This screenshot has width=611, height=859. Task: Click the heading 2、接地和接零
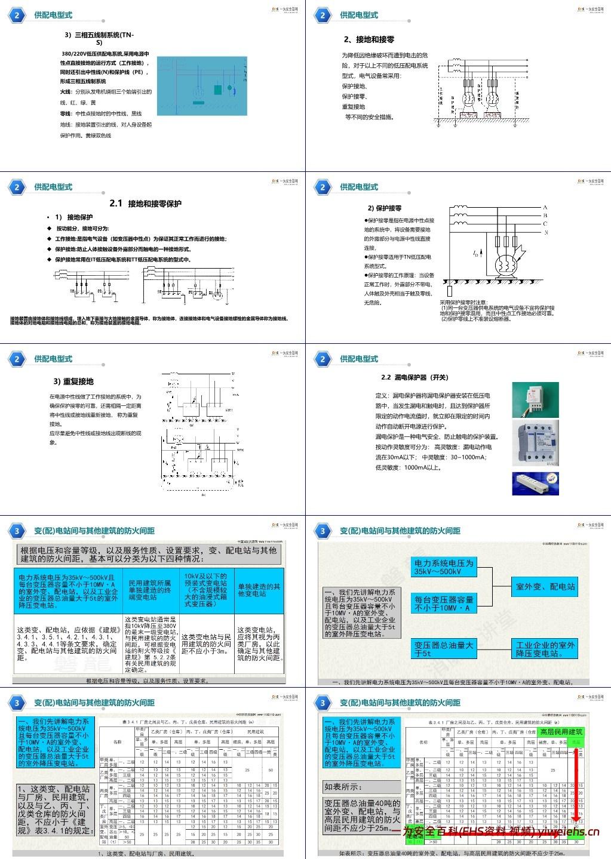pyautogui.click(x=369, y=39)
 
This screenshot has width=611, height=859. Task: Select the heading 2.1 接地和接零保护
pyautogui.click(x=146, y=204)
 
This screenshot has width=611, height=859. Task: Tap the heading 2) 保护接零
pyautogui.click(x=385, y=208)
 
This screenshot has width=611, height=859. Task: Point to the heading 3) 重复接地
pyautogui.click(x=73, y=381)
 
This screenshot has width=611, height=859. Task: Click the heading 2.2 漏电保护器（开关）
pyautogui.click(x=415, y=377)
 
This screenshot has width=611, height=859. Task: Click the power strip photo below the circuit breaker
pyautogui.click(x=536, y=483)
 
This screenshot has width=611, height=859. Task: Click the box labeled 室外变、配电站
pyautogui.click(x=545, y=587)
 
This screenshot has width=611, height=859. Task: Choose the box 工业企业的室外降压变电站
pyautogui.click(x=545, y=649)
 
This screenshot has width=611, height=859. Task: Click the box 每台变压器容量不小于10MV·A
pyautogui.click(x=444, y=604)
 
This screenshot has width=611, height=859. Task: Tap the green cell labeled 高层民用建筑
pyautogui.click(x=560, y=732)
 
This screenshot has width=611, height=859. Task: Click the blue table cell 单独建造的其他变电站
pyautogui.click(x=259, y=590)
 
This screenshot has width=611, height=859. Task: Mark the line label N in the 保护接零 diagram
pyautogui.click(x=545, y=232)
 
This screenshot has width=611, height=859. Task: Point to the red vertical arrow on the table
pyautogui.click(x=576, y=787)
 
